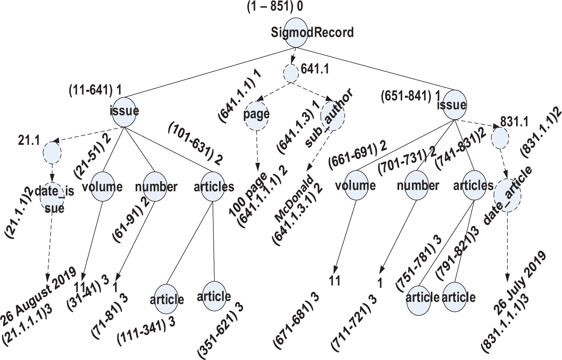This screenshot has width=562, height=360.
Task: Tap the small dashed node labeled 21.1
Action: [x=52, y=152]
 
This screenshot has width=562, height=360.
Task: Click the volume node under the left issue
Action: [x=102, y=187]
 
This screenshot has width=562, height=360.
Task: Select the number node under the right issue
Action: [x=417, y=186]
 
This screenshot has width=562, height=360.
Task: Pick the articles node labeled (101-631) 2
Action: [x=213, y=187]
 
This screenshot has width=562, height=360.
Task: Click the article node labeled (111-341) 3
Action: [x=167, y=299]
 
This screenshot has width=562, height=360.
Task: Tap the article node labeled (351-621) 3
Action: [x=214, y=296]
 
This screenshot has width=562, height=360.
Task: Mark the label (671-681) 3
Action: [x=297, y=319]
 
